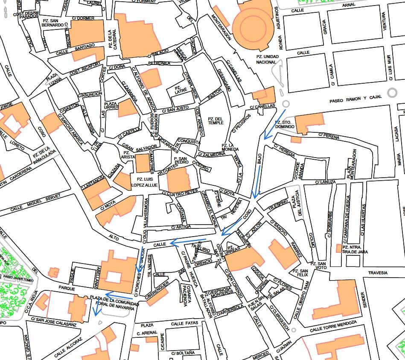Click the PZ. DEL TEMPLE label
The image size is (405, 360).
(216, 120)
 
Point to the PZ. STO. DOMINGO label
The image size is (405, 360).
(285, 124)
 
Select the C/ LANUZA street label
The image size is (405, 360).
(326, 183)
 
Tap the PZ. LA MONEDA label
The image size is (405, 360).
(233, 146)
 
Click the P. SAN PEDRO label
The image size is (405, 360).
(181, 160)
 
